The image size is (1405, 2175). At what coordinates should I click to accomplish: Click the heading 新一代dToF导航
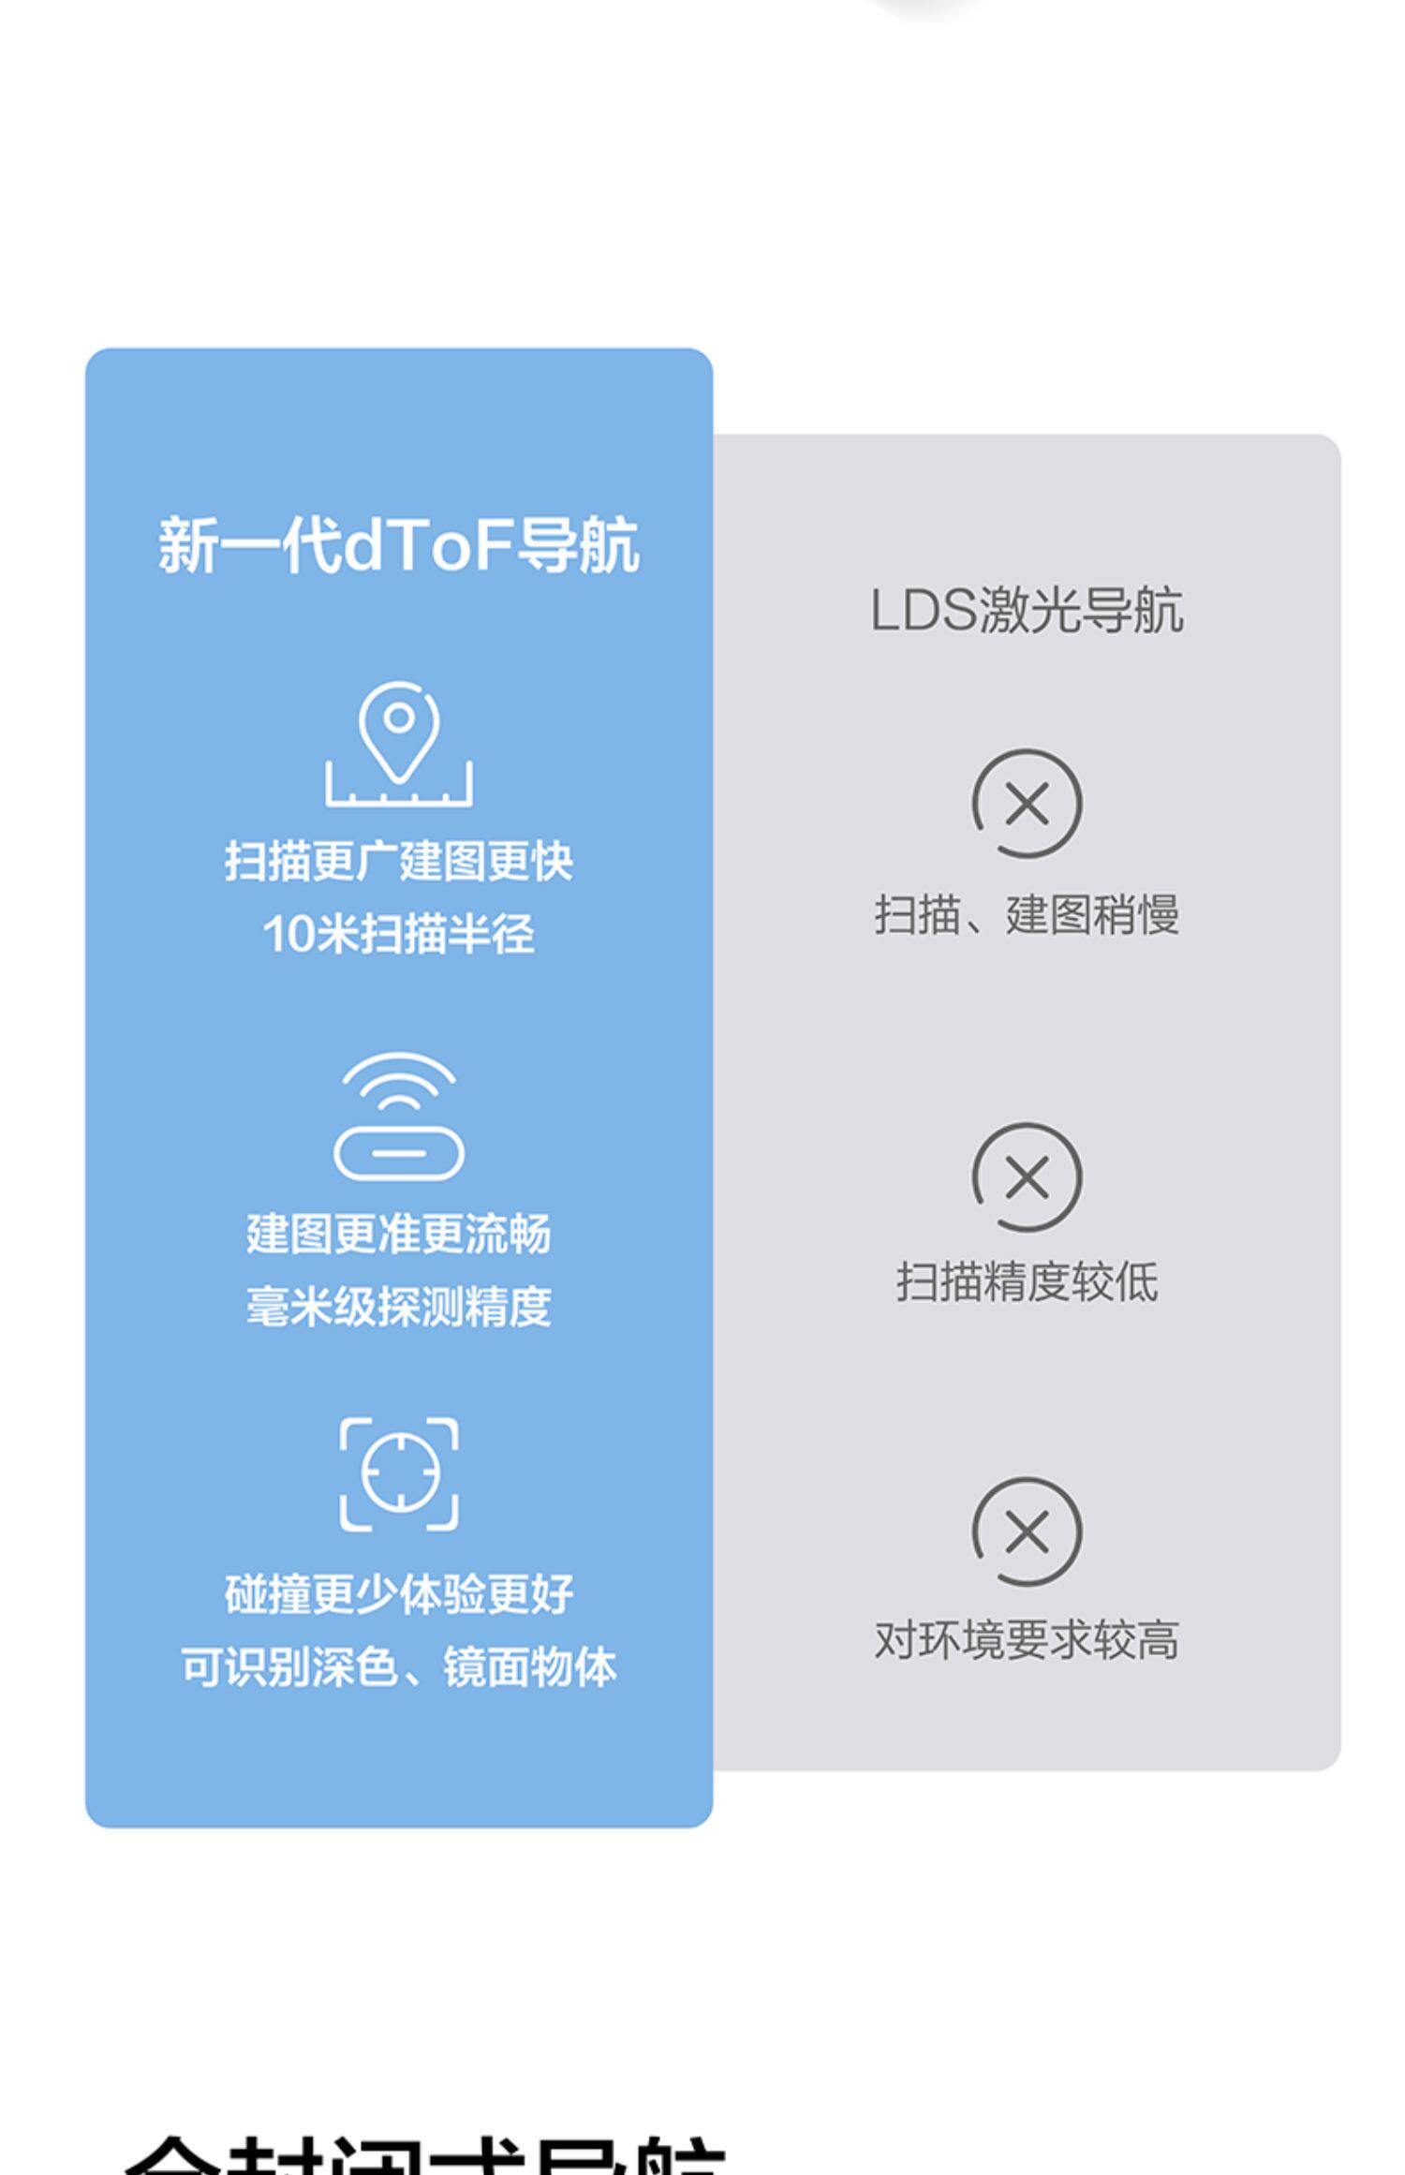click(398, 546)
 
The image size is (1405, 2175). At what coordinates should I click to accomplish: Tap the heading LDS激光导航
click(1026, 612)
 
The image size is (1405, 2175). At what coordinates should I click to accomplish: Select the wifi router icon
click(399, 1116)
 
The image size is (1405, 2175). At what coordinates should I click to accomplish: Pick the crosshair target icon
click(399, 1473)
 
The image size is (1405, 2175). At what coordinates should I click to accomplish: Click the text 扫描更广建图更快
click(398, 861)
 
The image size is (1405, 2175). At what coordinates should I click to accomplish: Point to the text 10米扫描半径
click(398, 934)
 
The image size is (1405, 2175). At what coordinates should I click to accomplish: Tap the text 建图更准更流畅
click(398, 1234)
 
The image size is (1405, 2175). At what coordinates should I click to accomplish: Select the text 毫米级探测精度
click(398, 1307)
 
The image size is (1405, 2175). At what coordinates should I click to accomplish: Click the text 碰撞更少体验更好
click(398, 1595)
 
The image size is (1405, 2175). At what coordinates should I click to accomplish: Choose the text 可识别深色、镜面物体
click(398, 1668)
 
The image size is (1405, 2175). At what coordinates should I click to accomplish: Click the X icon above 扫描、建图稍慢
click(1027, 804)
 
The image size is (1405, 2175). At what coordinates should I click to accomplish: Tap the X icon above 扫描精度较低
click(1027, 1177)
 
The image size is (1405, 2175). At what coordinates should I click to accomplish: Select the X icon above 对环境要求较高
click(1027, 1532)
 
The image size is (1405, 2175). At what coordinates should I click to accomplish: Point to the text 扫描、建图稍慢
click(1026, 915)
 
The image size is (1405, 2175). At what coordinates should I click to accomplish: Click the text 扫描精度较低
click(1027, 1282)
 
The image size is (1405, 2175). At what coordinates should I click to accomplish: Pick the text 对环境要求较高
click(1026, 1640)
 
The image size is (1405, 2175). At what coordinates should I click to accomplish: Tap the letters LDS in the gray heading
click(924, 612)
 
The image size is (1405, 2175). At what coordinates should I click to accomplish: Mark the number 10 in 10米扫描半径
click(288, 935)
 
